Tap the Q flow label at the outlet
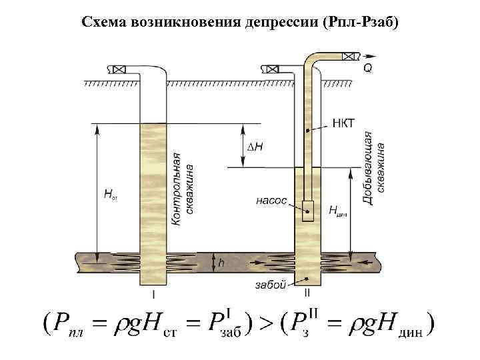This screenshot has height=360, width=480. click(368, 68)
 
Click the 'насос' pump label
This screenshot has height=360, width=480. click(271, 199)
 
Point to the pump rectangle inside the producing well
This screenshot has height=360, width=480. click(307, 210)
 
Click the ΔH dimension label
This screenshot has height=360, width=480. click(255, 146)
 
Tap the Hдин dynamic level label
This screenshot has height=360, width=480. click(338, 210)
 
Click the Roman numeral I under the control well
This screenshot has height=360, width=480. click(154, 293)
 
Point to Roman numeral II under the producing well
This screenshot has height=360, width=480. click(307, 293)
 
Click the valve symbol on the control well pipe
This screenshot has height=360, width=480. click(119, 68)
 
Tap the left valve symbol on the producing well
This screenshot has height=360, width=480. click(273, 68)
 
